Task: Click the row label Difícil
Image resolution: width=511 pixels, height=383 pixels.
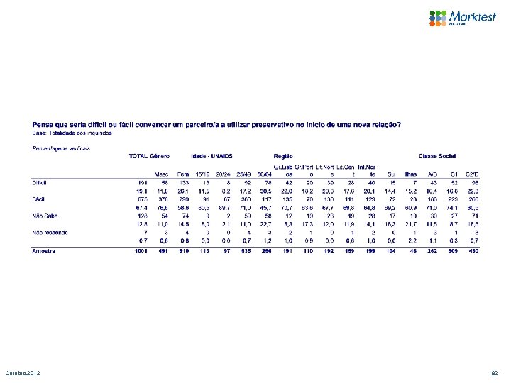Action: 40,182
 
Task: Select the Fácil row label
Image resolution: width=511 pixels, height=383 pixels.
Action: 39,199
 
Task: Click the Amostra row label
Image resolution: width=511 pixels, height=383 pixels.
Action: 43,251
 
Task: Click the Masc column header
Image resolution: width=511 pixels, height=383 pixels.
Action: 162,173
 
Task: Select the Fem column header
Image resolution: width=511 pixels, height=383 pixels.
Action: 182,173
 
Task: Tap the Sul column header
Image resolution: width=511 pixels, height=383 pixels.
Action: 392,173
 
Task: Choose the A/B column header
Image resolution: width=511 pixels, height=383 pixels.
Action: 432,173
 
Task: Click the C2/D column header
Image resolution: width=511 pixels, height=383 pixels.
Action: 473,173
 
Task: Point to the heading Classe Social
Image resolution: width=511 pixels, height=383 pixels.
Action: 439,155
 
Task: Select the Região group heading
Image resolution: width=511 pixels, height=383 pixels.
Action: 282,155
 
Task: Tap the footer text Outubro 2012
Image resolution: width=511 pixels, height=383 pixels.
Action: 25,373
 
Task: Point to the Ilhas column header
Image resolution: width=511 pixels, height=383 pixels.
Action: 410,173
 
